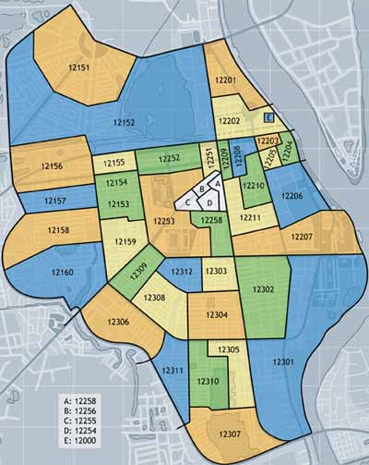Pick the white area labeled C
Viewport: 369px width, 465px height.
188,202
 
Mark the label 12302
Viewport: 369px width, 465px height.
263,289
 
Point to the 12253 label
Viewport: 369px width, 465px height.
164,221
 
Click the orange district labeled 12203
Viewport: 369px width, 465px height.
268,140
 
